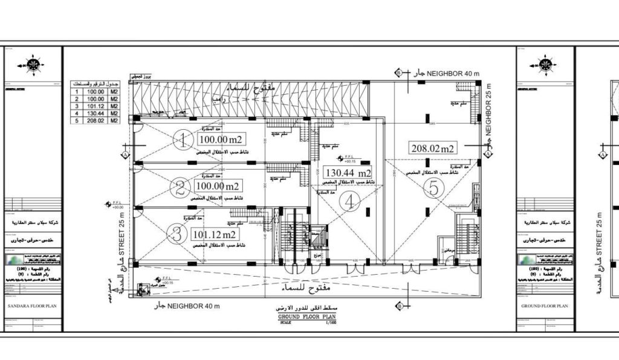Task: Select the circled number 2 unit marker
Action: [x=180, y=188]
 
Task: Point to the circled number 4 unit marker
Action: [x=349, y=202]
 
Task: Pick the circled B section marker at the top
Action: [x=398, y=72]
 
